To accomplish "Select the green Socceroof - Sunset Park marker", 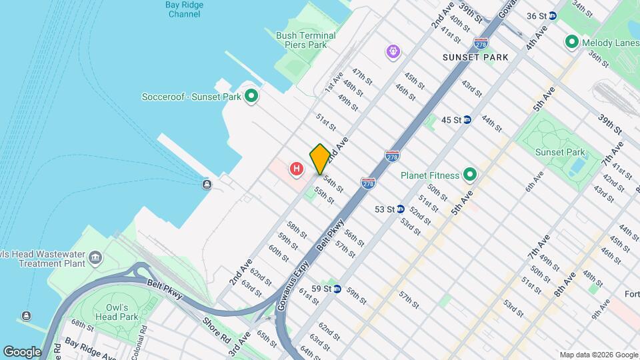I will pyautogui.click(x=251, y=97).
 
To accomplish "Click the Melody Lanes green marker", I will pyautogui.click(x=571, y=43).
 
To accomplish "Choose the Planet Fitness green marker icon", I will pyautogui.click(x=470, y=175).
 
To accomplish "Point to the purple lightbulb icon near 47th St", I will pyautogui.click(x=394, y=51).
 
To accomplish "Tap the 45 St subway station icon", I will pyautogui.click(x=468, y=120).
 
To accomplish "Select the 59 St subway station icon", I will pyautogui.click(x=337, y=289).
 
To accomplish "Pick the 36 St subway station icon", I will pyautogui.click(x=552, y=15).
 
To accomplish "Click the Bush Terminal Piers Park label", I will pyautogui.click(x=306, y=40).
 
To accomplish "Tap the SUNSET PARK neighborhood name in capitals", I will pyautogui.click(x=475, y=57).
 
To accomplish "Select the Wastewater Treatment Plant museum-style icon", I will pyautogui.click(x=95, y=257).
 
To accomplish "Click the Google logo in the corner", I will pyautogui.click(x=22, y=351).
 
